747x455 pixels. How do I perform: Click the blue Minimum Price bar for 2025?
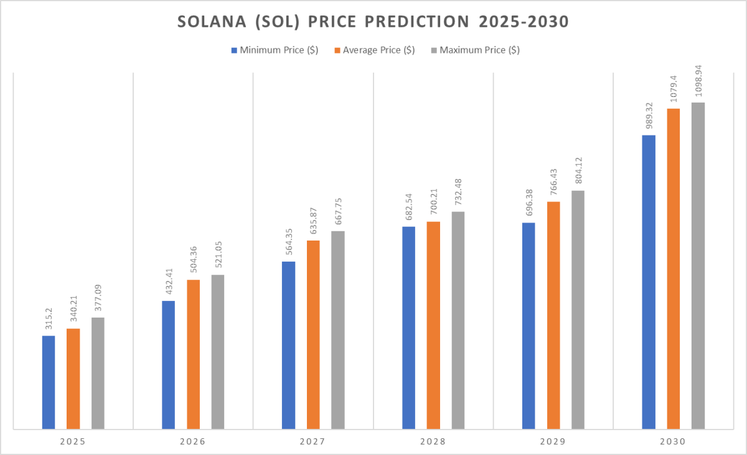49,382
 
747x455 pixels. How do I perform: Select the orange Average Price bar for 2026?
194,354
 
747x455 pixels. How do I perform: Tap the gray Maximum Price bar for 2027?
337,329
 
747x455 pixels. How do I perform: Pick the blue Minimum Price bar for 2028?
408,328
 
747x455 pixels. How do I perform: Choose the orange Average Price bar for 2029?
553,315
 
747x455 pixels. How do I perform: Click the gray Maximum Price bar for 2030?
698,265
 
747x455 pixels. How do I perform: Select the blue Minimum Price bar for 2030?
649,282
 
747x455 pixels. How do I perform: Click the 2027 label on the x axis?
313,443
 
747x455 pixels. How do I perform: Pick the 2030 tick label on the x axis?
674,443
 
